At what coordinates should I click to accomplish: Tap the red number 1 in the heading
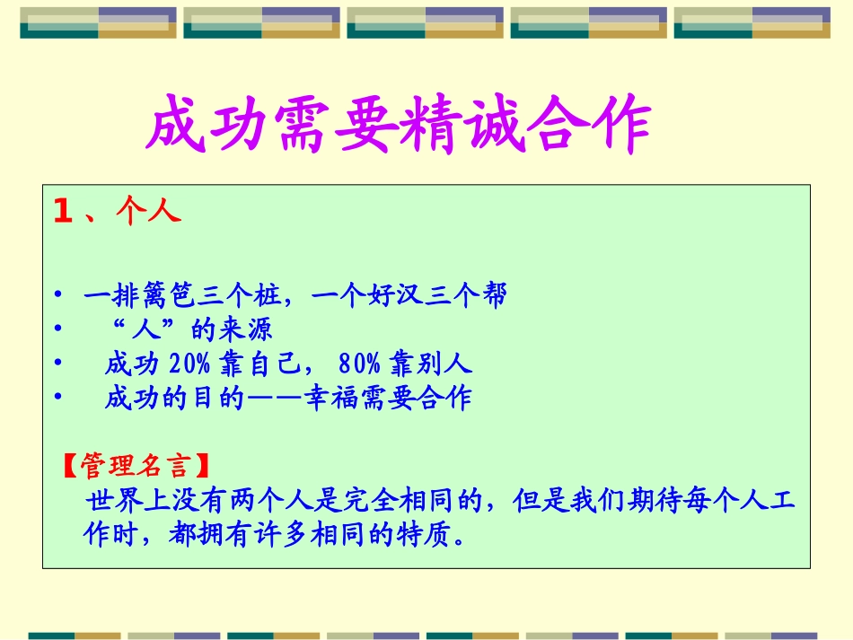click(x=62, y=212)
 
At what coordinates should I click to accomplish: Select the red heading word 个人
click(x=149, y=212)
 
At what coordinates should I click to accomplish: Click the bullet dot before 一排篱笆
click(x=58, y=295)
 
